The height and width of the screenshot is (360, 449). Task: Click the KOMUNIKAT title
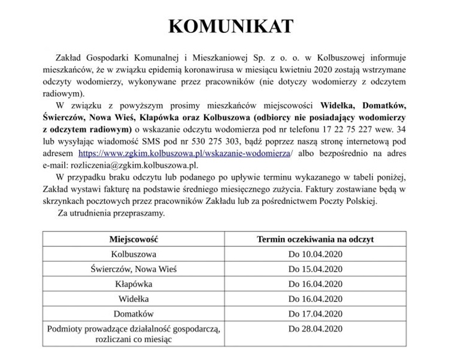pyautogui.click(x=231, y=26)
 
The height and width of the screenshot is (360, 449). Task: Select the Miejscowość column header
pyautogui.click(x=134, y=239)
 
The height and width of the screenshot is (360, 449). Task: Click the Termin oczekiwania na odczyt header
pyautogui.click(x=315, y=239)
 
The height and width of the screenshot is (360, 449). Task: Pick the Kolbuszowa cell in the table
pyautogui.click(x=134, y=254)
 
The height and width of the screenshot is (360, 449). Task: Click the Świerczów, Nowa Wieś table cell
pyautogui.click(x=134, y=269)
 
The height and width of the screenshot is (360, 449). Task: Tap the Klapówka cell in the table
pyautogui.click(x=134, y=283)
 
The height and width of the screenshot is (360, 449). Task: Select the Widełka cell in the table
pyautogui.click(x=134, y=298)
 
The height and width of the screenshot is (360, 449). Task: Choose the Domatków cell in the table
pyautogui.click(x=134, y=313)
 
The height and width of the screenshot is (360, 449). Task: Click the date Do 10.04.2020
pyautogui.click(x=315, y=254)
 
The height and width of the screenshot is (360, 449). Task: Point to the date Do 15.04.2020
pyautogui.click(x=315, y=269)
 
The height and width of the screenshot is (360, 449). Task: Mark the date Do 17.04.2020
pyautogui.click(x=315, y=313)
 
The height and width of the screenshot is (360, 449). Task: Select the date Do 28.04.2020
pyautogui.click(x=315, y=328)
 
